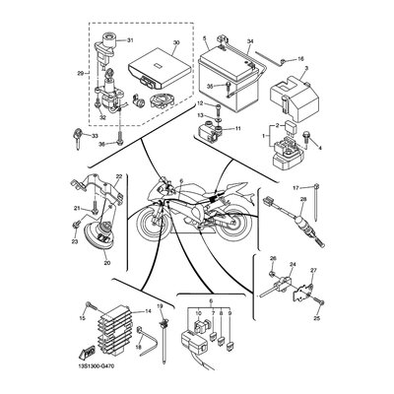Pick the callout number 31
pyautogui.click(x=129, y=39)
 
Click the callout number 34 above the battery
pyautogui.click(x=250, y=42)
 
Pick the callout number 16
pyautogui.click(x=300, y=59)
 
